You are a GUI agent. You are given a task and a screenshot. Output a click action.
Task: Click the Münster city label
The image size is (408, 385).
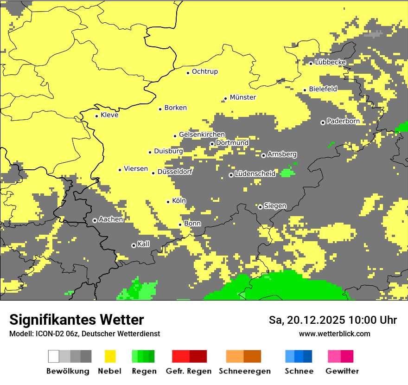click(x=242, y=97)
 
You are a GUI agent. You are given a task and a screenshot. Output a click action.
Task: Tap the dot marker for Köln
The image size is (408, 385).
click(x=168, y=201)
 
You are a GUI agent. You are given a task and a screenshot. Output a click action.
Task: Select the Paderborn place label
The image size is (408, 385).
click(x=343, y=122)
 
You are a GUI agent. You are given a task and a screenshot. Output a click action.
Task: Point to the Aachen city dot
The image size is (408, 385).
click(x=95, y=220)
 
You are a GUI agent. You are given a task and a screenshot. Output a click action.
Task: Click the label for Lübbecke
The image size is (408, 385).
click(x=330, y=62)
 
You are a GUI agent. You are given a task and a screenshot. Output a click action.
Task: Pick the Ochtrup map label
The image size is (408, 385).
click(x=204, y=72)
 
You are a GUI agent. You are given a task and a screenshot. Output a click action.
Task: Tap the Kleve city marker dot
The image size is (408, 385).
click(x=96, y=116)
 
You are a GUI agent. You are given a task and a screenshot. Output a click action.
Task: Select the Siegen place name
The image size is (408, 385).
click(x=275, y=206)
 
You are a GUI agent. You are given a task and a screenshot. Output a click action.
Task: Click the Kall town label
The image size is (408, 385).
click(x=143, y=244)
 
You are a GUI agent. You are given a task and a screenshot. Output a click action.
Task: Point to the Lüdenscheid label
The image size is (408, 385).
click(x=255, y=174)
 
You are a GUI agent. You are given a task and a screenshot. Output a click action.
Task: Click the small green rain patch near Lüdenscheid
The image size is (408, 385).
click(x=287, y=173)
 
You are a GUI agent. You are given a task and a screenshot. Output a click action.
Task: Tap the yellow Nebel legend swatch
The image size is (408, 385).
click(x=110, y=356)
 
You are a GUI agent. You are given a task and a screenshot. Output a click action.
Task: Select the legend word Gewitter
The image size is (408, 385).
click(x=342, y=371)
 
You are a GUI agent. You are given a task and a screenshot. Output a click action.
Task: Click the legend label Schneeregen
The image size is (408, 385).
click(x=244, y=371)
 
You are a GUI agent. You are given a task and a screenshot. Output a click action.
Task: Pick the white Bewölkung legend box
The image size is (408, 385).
click(x=54, y=356)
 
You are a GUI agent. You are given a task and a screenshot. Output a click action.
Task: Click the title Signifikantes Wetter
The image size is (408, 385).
click(x=76, y=320)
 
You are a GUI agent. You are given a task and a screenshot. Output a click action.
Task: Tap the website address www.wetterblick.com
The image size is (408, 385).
click(x=334, y=334)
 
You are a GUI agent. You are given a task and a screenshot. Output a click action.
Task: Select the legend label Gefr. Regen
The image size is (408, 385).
click(x=188, y=371)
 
